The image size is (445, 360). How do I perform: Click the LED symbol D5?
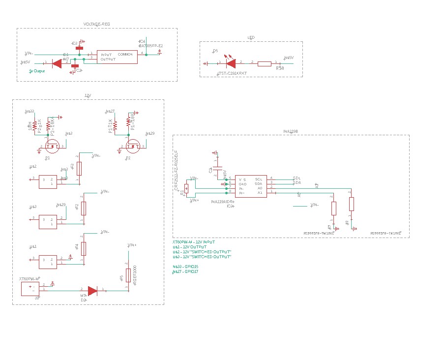(x=231, y=63)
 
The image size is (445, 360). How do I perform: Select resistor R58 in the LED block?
(x=265, y=63)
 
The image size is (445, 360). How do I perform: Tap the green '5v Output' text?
(x=37, y=71)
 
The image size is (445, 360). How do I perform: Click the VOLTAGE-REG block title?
(x=97, y=25)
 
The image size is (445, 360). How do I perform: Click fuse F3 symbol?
(x=79, y=169)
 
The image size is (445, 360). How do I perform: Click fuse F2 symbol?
(x=84, y=209)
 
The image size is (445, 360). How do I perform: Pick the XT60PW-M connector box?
(x=30, y=289)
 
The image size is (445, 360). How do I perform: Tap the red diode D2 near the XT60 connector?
(x=92, y=291)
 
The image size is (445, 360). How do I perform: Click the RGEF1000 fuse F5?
(x=128, y=275)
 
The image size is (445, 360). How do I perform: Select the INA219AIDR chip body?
(x=251, y=186)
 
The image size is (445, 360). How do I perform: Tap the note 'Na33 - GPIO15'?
(x=185, y=266)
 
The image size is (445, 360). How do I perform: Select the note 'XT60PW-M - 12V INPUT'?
(x=194, y=242)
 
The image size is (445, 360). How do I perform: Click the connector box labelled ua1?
(x=48, y=262)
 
